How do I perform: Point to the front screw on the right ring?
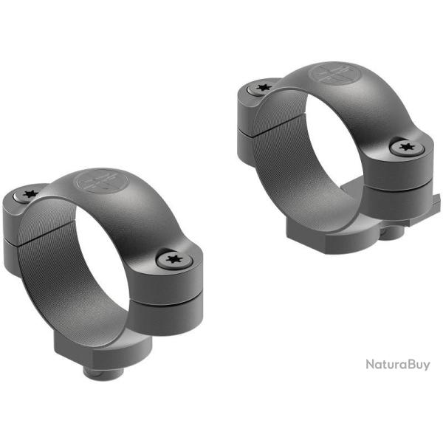[403, 148]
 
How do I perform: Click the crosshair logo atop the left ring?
[98, 181]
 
